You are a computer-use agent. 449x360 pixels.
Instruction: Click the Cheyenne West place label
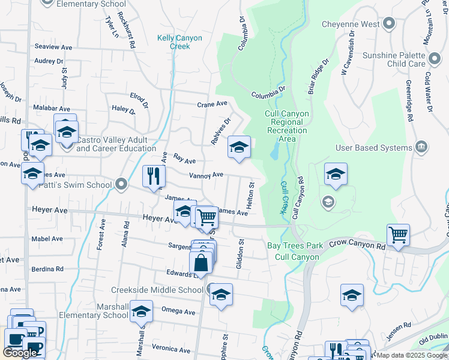point(350,25)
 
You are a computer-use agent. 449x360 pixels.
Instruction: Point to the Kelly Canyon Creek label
point(179,42)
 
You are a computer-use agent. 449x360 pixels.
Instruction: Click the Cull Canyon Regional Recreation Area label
point(287,126)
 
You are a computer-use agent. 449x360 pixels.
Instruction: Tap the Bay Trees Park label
point(295,245)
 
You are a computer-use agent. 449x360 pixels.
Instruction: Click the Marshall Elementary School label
point(113,311)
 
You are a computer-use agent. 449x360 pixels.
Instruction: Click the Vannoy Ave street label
point(206,175)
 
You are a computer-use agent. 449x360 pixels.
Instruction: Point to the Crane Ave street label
point(212,104)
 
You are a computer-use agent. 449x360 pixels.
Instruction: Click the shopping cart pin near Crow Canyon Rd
point(398,235)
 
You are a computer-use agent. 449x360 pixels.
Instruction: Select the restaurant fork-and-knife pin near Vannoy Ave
point(154,176)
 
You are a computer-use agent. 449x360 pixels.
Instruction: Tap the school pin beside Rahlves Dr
point(239,147)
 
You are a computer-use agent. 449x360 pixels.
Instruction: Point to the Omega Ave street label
point(178,312)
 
